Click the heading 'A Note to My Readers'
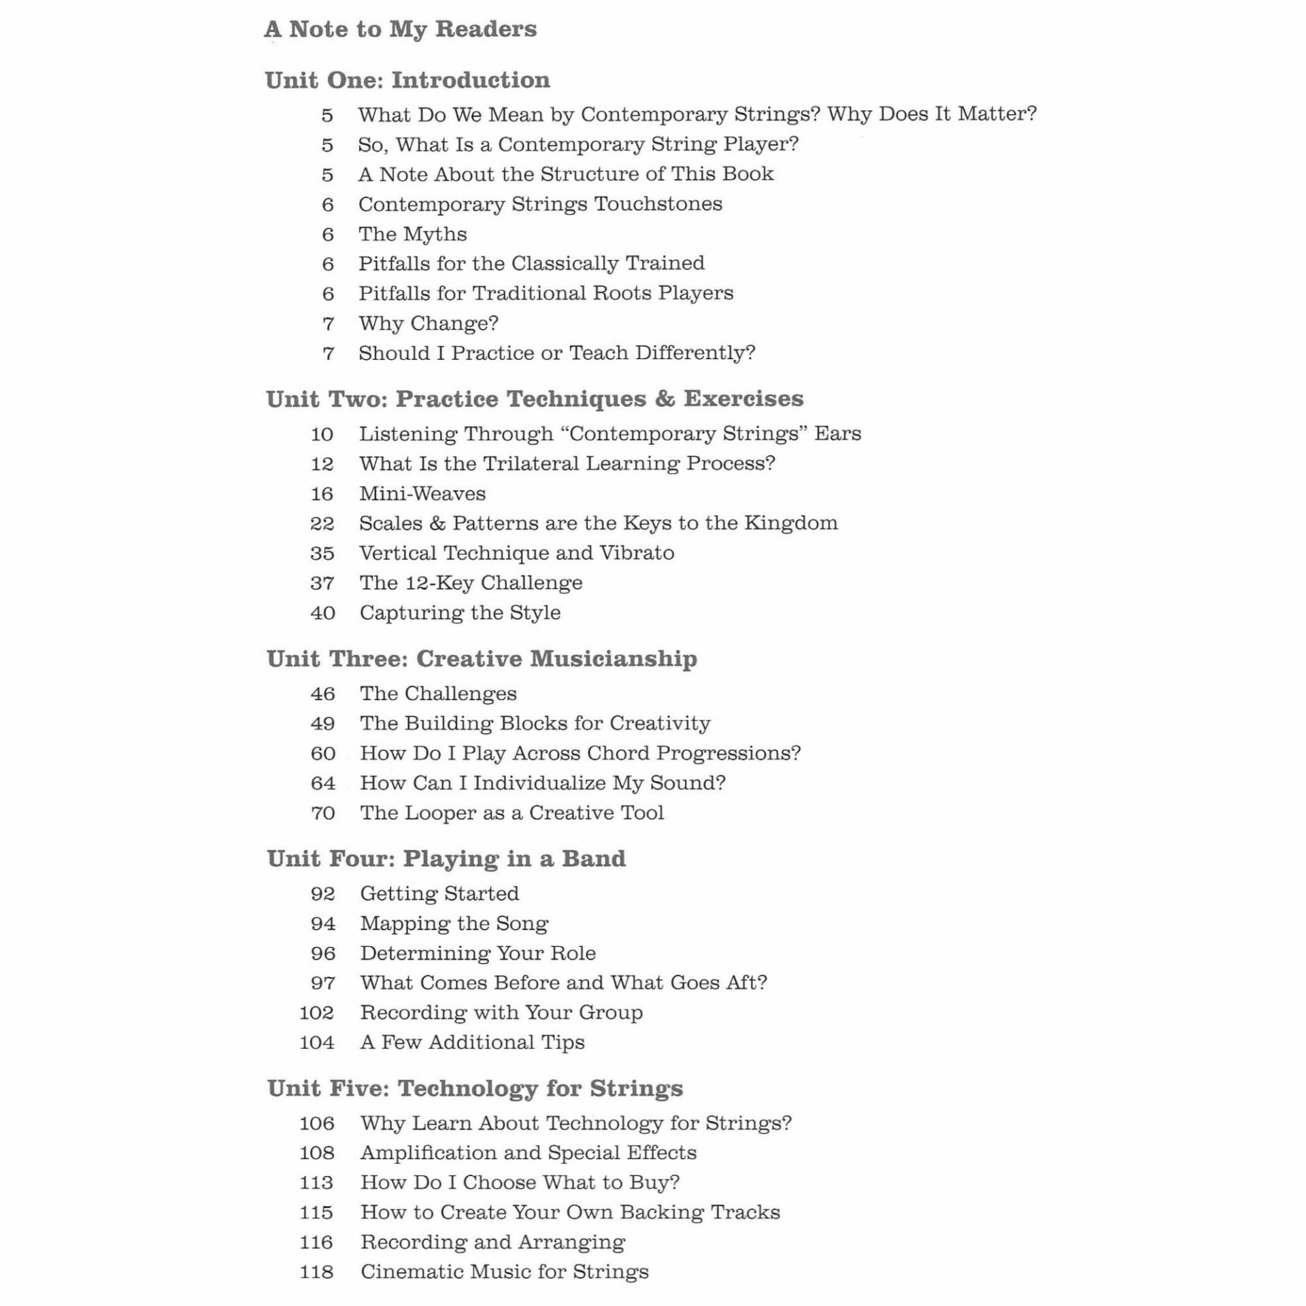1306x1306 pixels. pyautogui.click(x=401, y=29)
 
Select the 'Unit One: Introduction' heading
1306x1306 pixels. pyautogui.click(x=407, y=80)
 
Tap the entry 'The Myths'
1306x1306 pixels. pyautogui.click(x=412, y=234)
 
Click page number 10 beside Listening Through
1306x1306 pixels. pyautogui.click(x=322, y=434)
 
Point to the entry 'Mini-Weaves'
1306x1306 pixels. pyautogui.click(x=422, y=493)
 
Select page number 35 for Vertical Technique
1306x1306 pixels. pyautogui.click(x=322, y=553)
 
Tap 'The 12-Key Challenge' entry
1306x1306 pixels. pyautogui.click(x=471, y=583)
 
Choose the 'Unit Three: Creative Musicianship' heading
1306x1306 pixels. pyautogui.click(x=482, y=658)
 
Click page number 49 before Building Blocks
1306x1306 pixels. pyautogui.click(x=322, y=723)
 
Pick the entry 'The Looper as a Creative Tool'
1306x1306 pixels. pyautogui.click(x=512, y=813)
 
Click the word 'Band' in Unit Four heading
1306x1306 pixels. pyautogui.click(x=593, y=858)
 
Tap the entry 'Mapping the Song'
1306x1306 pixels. pyautogui.click(x=454, y=923)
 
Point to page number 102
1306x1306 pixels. pyautogui.click(x=317, y=1013)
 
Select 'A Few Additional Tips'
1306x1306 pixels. pyautogui.click(x=472, y=1042)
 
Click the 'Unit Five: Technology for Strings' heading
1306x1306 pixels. pyautogui.click(x=475, y=1088)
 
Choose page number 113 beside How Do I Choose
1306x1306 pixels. pyautogui.click(x=317, y=1182)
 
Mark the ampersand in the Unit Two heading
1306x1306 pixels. pyautogui.click(x=665, y=399)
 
